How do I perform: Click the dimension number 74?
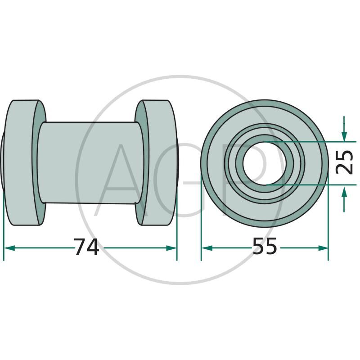coord(86,247)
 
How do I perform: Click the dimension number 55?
coord(265,246)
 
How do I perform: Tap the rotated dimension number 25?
coord(344,162)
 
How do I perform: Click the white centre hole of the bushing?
coord(264,163)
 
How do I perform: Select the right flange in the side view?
coord(156,162)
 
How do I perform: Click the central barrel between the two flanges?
coord(91,162)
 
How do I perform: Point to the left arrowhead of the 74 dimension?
coord(9,248)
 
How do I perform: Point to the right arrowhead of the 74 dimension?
coord(171,248)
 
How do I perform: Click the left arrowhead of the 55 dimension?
coord(207,248)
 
